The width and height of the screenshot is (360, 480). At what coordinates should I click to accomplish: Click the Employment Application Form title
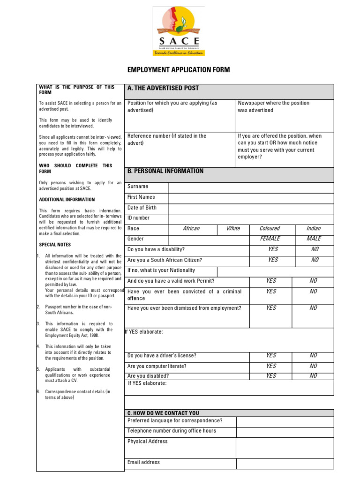pyautogui.click(x=179, y=70)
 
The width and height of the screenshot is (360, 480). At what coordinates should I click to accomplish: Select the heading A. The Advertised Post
pyautogui.click(x=163, y=88)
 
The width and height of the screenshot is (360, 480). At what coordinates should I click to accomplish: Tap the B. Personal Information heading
pyautogui.click(x=165, y=171)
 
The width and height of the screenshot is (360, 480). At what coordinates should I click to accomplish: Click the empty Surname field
pyautogui.click(x=251, y=187)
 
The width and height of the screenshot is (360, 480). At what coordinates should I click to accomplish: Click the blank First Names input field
pyautogui.click(x=251, y=197)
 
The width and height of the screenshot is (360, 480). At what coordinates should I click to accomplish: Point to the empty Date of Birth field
pyautogui.click(x=251, y=208)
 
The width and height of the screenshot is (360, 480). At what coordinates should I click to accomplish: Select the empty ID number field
pyautogui.click(x=251, y=218)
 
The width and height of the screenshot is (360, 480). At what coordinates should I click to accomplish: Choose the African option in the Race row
pyautogui.click(x=191, y=229)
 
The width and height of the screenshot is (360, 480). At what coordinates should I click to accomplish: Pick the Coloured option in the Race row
pyautogui.click(x=270, y=229)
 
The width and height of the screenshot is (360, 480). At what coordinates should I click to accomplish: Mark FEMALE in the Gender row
pyautogui.click(x=270, y=239)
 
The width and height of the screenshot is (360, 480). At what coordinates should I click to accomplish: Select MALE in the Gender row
pyautogui.click(x=314, y=239)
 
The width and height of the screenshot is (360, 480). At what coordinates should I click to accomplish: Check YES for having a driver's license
pyautogui.click(x=271, y=356)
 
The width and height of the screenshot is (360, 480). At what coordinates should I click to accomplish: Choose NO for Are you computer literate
pyautogui.click(x=313, y=366)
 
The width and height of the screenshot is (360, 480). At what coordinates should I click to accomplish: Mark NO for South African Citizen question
pyautogui.click(x=315, y=260)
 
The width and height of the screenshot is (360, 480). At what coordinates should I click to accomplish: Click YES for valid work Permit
pyautogui.click(x=271, y=281)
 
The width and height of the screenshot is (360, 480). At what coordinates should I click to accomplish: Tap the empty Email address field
pyautogui.click(x=285, y=463)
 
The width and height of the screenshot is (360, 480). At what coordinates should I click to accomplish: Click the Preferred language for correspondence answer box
pyautogui.click(x=285, y=421)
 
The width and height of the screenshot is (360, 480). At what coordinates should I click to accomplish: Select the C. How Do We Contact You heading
pyautogui.click(x=163, y=413)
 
